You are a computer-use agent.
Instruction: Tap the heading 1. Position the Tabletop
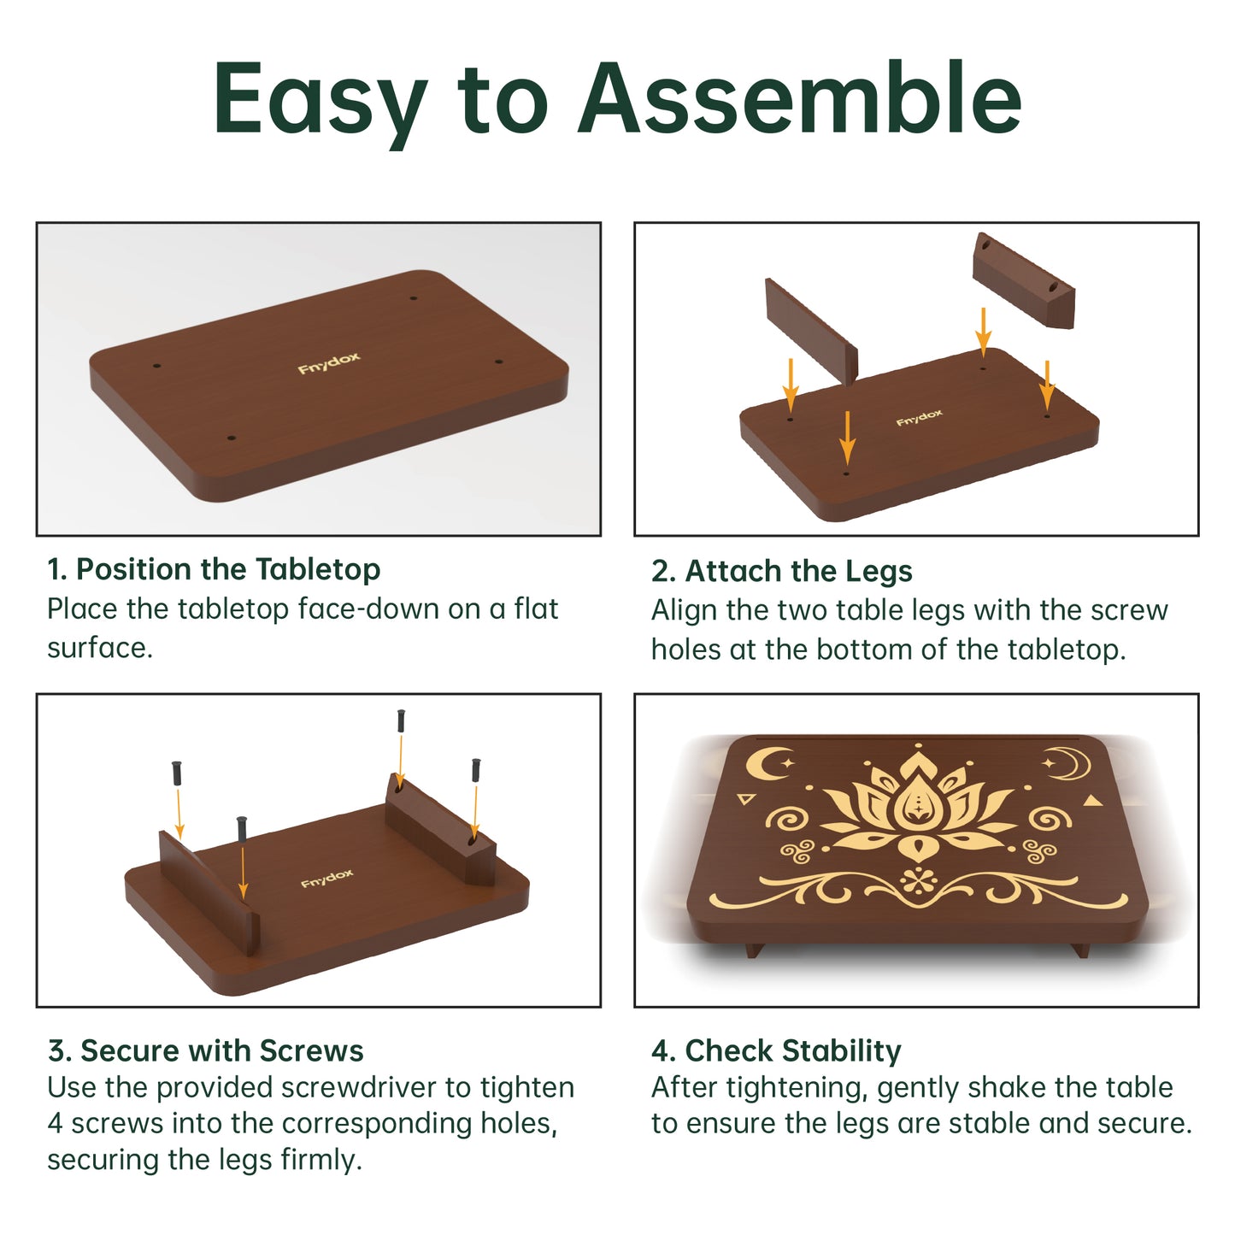[x=214, y=570]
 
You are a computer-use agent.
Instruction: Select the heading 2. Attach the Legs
[x=781, y=571]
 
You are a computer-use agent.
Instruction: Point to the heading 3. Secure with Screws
[x=206, y=1050]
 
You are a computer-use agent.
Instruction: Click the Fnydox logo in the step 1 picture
[x=329, y=362]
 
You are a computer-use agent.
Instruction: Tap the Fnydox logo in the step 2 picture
[x=919, y=417]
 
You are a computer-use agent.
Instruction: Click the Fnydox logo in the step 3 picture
[x=326, y=878]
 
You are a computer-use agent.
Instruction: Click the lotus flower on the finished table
[x=918, y=808]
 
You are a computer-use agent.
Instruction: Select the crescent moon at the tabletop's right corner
[x=1069, y=763]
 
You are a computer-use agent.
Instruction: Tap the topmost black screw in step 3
[x=401, y=720]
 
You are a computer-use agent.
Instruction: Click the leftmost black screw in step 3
[x=177, y=773]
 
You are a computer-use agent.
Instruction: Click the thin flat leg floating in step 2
[x=811, y=332]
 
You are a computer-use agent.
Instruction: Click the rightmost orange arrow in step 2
[x=1047, y=385]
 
